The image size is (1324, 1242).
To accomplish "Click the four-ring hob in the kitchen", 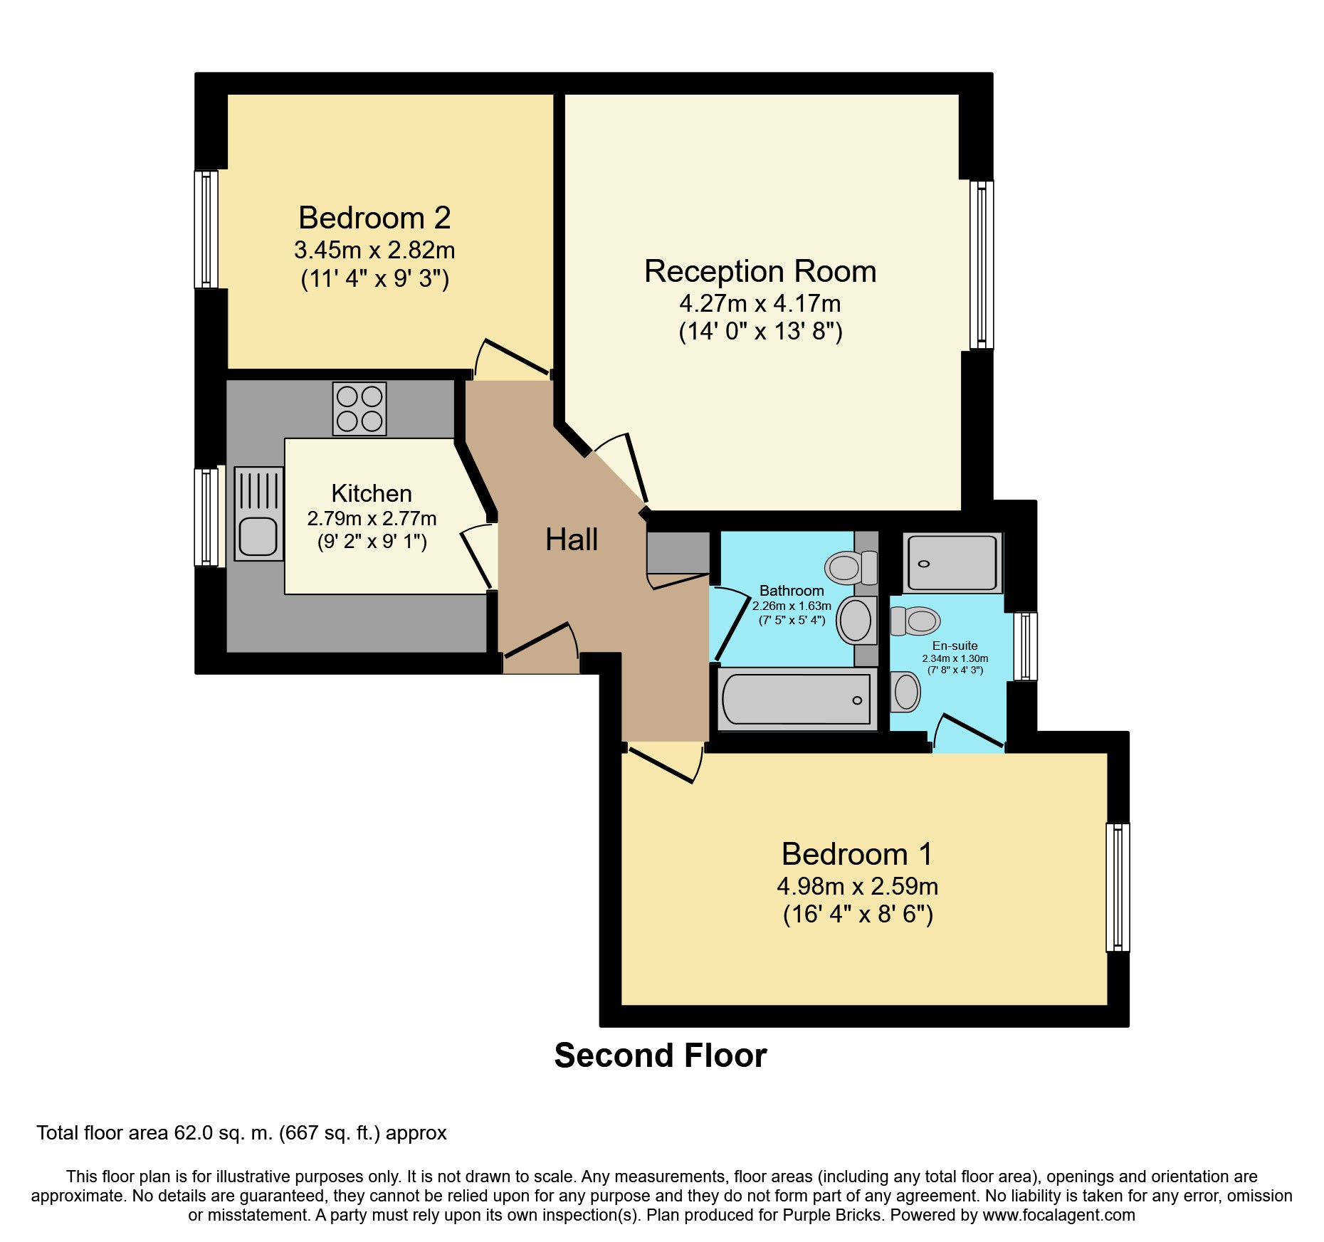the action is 359,409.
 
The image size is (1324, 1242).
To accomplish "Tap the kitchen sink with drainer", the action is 258,513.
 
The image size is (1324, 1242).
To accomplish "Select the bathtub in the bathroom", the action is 797,699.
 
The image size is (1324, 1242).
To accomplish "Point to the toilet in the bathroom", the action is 851,567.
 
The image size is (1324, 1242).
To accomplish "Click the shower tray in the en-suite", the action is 952,563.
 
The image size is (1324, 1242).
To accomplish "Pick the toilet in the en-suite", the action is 915,621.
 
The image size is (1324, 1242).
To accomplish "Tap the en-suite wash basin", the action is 905,692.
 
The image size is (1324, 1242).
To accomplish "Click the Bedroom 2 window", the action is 206,229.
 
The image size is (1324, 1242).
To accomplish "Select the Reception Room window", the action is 982,265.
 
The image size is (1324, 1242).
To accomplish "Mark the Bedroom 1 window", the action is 1118,887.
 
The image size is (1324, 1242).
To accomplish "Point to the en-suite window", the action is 1025,646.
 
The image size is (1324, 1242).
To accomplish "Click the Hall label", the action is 572,540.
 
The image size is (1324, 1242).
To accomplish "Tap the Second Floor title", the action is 661,1056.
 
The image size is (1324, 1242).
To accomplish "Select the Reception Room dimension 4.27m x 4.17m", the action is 760,304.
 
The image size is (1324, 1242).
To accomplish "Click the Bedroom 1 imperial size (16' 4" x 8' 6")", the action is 858,914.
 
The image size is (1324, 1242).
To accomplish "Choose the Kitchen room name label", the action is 372,493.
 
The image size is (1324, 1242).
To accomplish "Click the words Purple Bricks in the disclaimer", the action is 834,1215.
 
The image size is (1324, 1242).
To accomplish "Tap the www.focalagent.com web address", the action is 1059,1215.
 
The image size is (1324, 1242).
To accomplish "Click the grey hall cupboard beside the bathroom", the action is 678,552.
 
